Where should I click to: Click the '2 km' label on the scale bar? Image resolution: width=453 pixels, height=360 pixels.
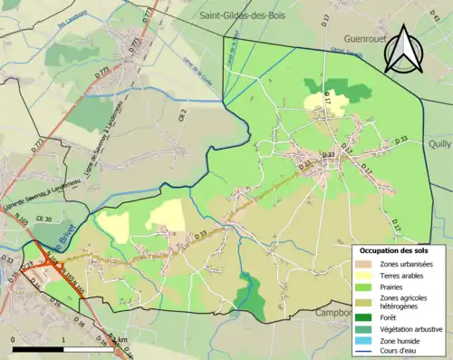[116, 339]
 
